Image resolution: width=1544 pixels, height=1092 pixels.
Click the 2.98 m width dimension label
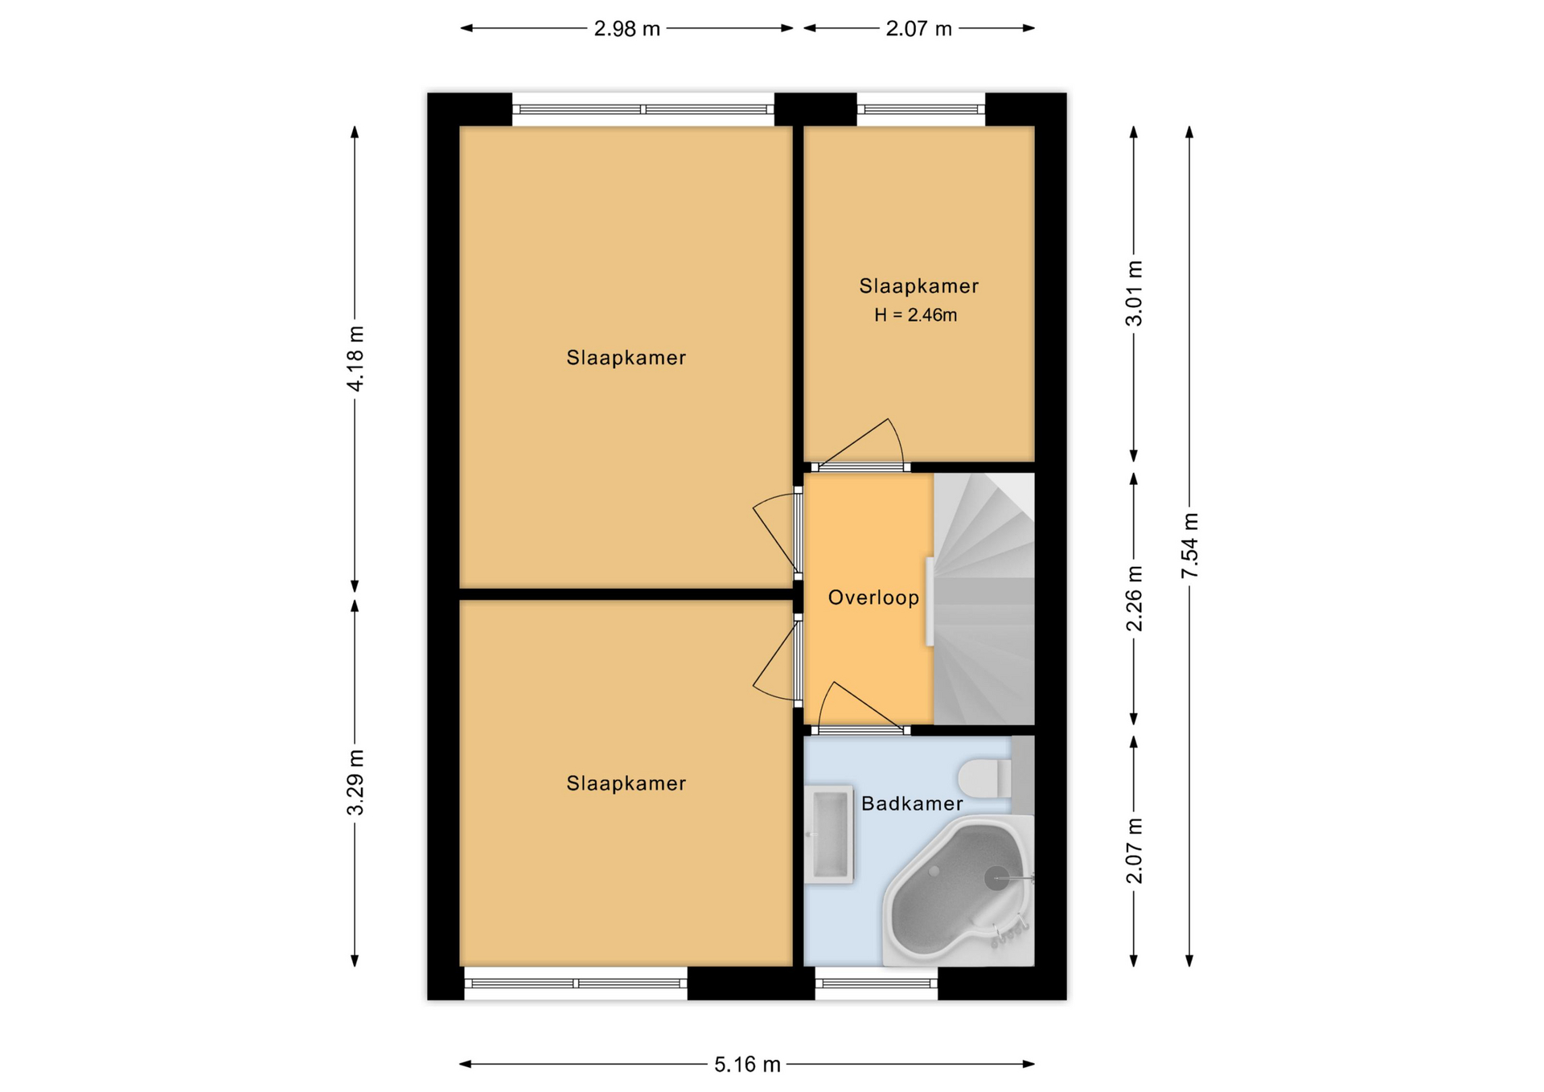click(626, 29)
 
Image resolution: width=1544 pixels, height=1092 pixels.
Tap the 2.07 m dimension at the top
click(918, 29)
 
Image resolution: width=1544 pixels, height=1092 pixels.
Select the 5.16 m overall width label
click(747, 1065)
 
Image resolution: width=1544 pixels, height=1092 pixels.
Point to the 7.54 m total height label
click(1190, 545)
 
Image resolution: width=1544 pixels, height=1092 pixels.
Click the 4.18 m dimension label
click(355, 359)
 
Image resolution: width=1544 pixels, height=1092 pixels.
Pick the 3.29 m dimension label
click(355, 782)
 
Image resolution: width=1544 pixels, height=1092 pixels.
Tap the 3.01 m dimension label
click(1134, 293)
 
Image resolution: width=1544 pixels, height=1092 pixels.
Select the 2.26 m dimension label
click(1134, 598)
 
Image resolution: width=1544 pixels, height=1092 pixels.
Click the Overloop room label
click(873, 597)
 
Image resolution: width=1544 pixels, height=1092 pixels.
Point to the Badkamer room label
click(912, 803)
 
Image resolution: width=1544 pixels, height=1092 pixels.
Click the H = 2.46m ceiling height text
click(916, 315)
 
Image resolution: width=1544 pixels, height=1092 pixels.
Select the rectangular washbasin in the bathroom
click(829, 835)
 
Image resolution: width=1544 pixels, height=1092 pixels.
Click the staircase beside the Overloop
click(983, 598)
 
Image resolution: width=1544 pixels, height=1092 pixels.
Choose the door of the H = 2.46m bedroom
click(860, 444)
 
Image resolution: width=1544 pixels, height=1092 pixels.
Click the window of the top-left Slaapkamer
click(643, 109)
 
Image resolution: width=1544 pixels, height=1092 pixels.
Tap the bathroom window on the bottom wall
click(877, 983)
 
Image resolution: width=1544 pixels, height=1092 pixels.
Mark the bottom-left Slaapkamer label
click(626, 783)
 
